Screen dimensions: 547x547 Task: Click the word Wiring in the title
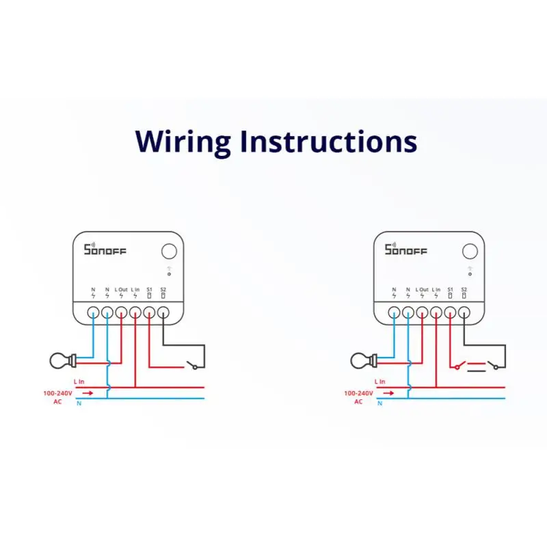coord(183,142)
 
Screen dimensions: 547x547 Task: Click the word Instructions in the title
coord(328,141)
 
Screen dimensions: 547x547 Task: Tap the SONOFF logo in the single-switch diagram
coord(105,250)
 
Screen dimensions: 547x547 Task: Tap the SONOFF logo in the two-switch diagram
coord(405,250)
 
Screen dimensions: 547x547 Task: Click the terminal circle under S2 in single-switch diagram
coord(163,313)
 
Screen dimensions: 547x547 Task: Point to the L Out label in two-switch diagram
coord(422,289)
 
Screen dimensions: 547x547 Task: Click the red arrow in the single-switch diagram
coord(88,393)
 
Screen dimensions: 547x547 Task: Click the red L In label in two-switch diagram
coord(379,381)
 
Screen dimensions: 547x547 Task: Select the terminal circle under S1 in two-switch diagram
coord(450,313)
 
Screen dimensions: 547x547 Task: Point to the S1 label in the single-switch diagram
coord(149,289)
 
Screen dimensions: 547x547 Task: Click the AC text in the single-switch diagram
coord(57,401)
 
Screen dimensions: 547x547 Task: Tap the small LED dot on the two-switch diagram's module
coord(470,273)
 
